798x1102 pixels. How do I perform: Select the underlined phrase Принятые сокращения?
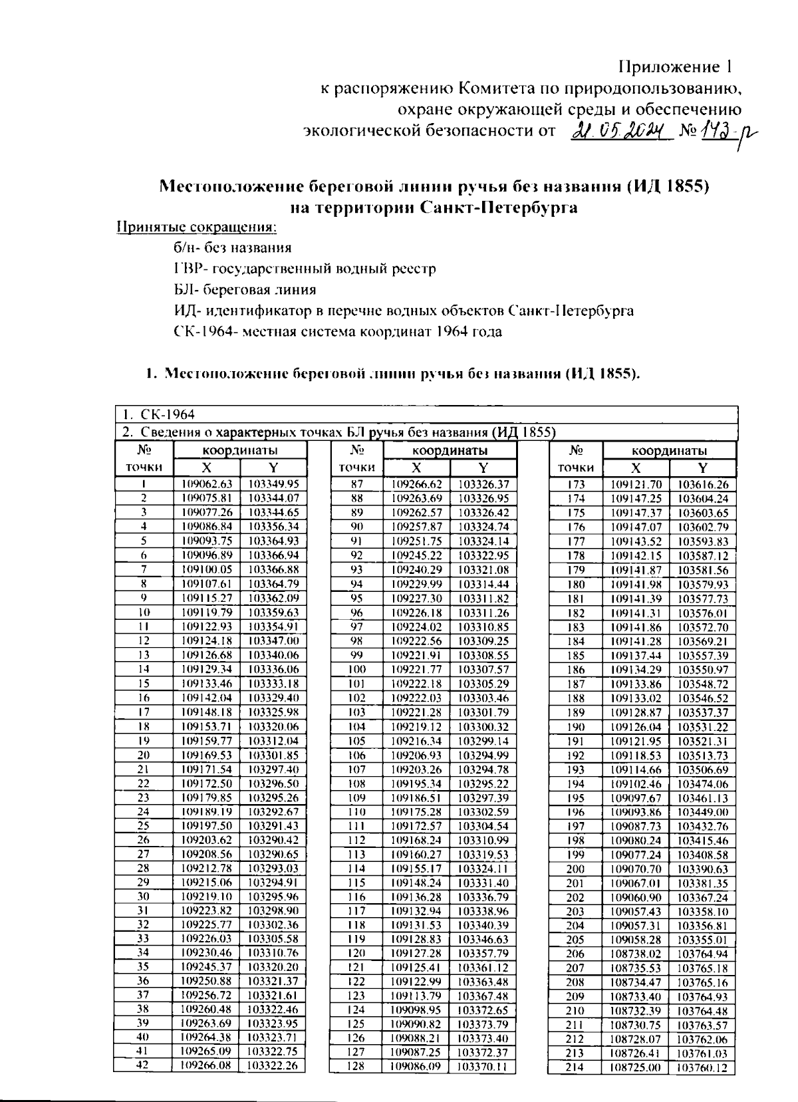197,227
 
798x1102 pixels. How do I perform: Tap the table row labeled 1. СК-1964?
426,414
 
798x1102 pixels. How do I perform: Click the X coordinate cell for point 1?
207,483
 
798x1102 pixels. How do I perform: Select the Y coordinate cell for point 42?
273,1065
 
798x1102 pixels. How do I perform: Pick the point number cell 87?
356,484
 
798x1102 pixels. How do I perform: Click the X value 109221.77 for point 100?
416,669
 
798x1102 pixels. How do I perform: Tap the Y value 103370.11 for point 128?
483,1066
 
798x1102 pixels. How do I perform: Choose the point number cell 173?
575,484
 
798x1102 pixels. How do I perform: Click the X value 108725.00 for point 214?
636,1067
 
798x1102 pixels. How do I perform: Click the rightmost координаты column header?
669,450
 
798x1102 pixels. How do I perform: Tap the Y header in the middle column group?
483,468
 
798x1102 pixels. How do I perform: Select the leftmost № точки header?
144,459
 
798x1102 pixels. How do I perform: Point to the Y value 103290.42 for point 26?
273,840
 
